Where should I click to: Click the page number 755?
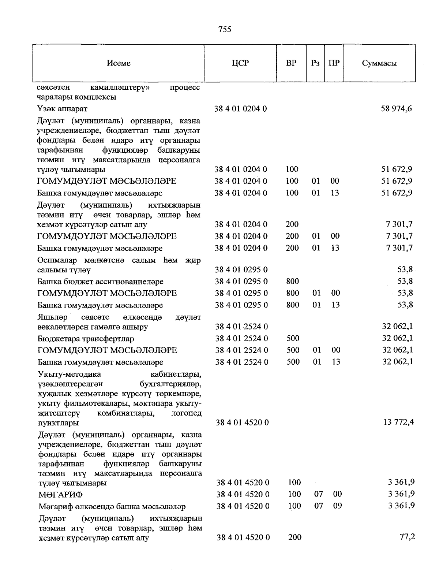tap(224, 30)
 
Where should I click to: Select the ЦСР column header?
tap(240, 63)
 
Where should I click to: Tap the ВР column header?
tap(291, 63)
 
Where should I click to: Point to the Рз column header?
tap(315, 63)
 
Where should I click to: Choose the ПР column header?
tap(334, 63)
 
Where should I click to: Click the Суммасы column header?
tap(379, 63)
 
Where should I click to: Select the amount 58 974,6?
tap(396, 109)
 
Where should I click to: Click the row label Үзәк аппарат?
tap(62, 109)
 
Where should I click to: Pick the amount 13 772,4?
tap(399, 422)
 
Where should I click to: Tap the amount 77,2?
tap(407, 537)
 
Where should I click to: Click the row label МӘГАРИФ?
tap(61, 495)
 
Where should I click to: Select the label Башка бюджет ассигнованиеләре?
tap(100, 282)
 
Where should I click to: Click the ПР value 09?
tap(337, 506)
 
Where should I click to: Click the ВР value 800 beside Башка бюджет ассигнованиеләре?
tap(293, 281)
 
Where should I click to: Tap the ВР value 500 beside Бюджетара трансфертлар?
tap(293, 338)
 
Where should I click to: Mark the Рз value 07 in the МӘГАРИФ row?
tap(319, 494)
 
